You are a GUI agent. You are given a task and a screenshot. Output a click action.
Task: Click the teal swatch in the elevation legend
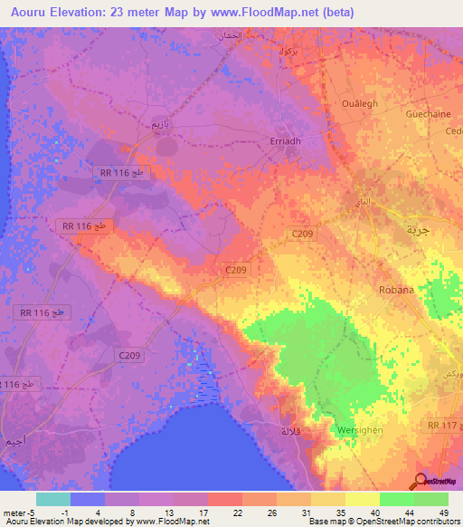coord(52,499)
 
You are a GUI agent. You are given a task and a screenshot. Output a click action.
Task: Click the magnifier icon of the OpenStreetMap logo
coord(420,481)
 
